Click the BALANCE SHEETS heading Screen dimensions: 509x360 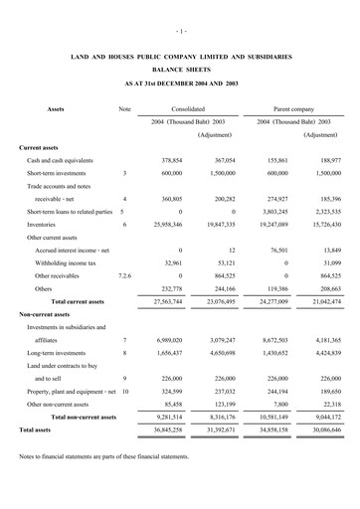pyautogui.click(x=180, y=71)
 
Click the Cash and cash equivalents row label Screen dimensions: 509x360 pyautogui.click(x=62, y=160)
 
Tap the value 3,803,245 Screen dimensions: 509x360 pyautogui.click(x=283, y=212)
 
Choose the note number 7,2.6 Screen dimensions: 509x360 pyautogui.click(x=124, y=275)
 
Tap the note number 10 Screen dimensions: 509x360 pyautogui.click(x=124, y=392)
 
